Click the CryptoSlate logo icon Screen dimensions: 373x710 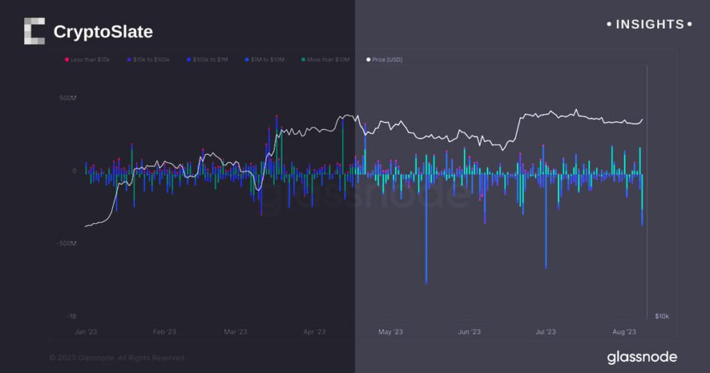click(34, 31)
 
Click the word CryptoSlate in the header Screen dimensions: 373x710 click(103, 32)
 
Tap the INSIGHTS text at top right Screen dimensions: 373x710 click(649, 24)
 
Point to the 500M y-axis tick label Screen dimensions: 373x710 click(67, 98)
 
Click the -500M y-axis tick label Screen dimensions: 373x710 click(66, 243)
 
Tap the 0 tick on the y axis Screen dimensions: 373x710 click(74, 171)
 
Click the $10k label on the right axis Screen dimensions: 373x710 click(662, 316)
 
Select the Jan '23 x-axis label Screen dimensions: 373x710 click(86, 332)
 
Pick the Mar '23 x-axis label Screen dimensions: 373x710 click(236, 332)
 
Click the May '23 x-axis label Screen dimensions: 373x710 click(390, 332)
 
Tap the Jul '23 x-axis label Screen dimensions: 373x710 click(546, 332)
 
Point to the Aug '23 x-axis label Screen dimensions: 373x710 click(624, 332)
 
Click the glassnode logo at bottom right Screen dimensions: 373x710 click(641, 358)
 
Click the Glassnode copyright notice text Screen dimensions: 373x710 click(116, 358)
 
